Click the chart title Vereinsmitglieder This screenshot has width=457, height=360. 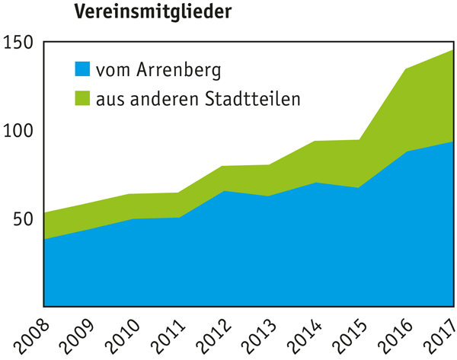(x=153, y=12)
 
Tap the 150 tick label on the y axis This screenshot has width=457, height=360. (x=18, y=43)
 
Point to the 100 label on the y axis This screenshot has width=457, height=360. (x=18, y=131)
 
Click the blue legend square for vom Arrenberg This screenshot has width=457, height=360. (x=82, y=69)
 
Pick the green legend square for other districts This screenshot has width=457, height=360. (x=82, y=98)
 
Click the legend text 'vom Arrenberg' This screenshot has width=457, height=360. (x=158, y=71)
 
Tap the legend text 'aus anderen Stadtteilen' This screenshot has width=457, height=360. (x=198, y=98)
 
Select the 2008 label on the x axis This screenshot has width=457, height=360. (x=31, y=338)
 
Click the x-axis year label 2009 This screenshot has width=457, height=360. (x=77, y=338)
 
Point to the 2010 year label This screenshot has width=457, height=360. (x=123, y=338)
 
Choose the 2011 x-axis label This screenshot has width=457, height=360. (x=168, y=338)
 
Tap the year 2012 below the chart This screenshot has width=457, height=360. (x=213, y=338)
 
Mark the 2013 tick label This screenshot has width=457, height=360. (x=259, y=338)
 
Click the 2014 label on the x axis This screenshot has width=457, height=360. (x=305, y=338)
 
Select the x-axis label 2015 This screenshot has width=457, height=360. (x=350, y=338)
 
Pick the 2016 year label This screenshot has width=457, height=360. (x=395, y=338)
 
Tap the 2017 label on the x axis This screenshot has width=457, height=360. (x=439, y=338)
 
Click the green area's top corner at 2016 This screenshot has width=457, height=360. (x=406, y=69)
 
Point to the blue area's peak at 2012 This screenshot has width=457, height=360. (x=224, y=191)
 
